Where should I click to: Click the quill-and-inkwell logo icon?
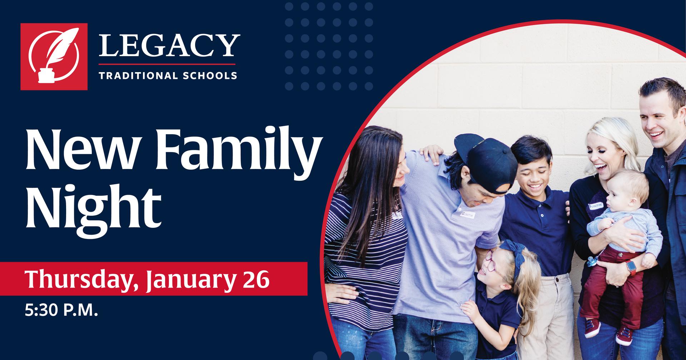point(54,56)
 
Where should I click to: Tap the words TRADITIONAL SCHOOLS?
point(168,76)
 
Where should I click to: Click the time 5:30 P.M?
point(61,311)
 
